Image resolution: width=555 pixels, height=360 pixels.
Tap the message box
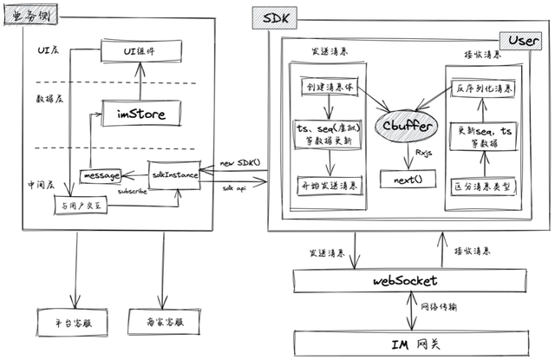100,175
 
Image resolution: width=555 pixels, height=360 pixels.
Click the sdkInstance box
174,174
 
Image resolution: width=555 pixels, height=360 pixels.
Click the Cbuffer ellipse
404,125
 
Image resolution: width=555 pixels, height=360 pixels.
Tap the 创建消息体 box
331,88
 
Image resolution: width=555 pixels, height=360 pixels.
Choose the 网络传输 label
440,308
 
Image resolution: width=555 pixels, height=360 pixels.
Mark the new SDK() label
238,162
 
